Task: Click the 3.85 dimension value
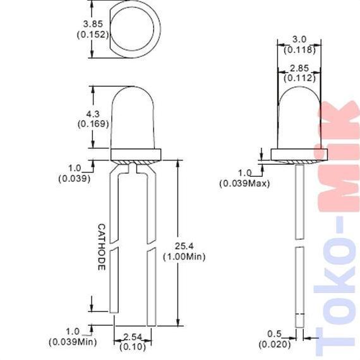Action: pos(93,24)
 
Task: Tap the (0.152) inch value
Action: pos(93,35)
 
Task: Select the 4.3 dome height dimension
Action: pos(93,114)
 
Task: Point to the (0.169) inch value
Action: pos(93,124)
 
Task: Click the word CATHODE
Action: pos(102,247)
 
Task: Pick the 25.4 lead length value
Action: pos(184,246)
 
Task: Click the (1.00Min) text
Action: pos(184,256)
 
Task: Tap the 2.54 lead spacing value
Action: pos(133,337)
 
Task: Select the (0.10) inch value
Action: pos(133,347)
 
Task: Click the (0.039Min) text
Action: pos(73,342)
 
